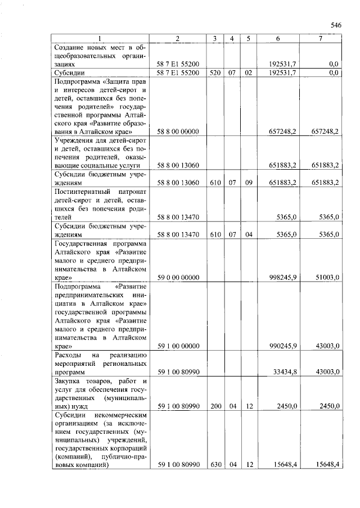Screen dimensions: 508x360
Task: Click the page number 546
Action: pos(336,25)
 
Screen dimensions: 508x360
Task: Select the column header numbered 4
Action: pos(231,38)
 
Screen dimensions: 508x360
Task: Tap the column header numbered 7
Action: pos(320,38)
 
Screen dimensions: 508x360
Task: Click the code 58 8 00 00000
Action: pos(178,131)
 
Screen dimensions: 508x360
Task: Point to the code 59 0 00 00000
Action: pos(178,278)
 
